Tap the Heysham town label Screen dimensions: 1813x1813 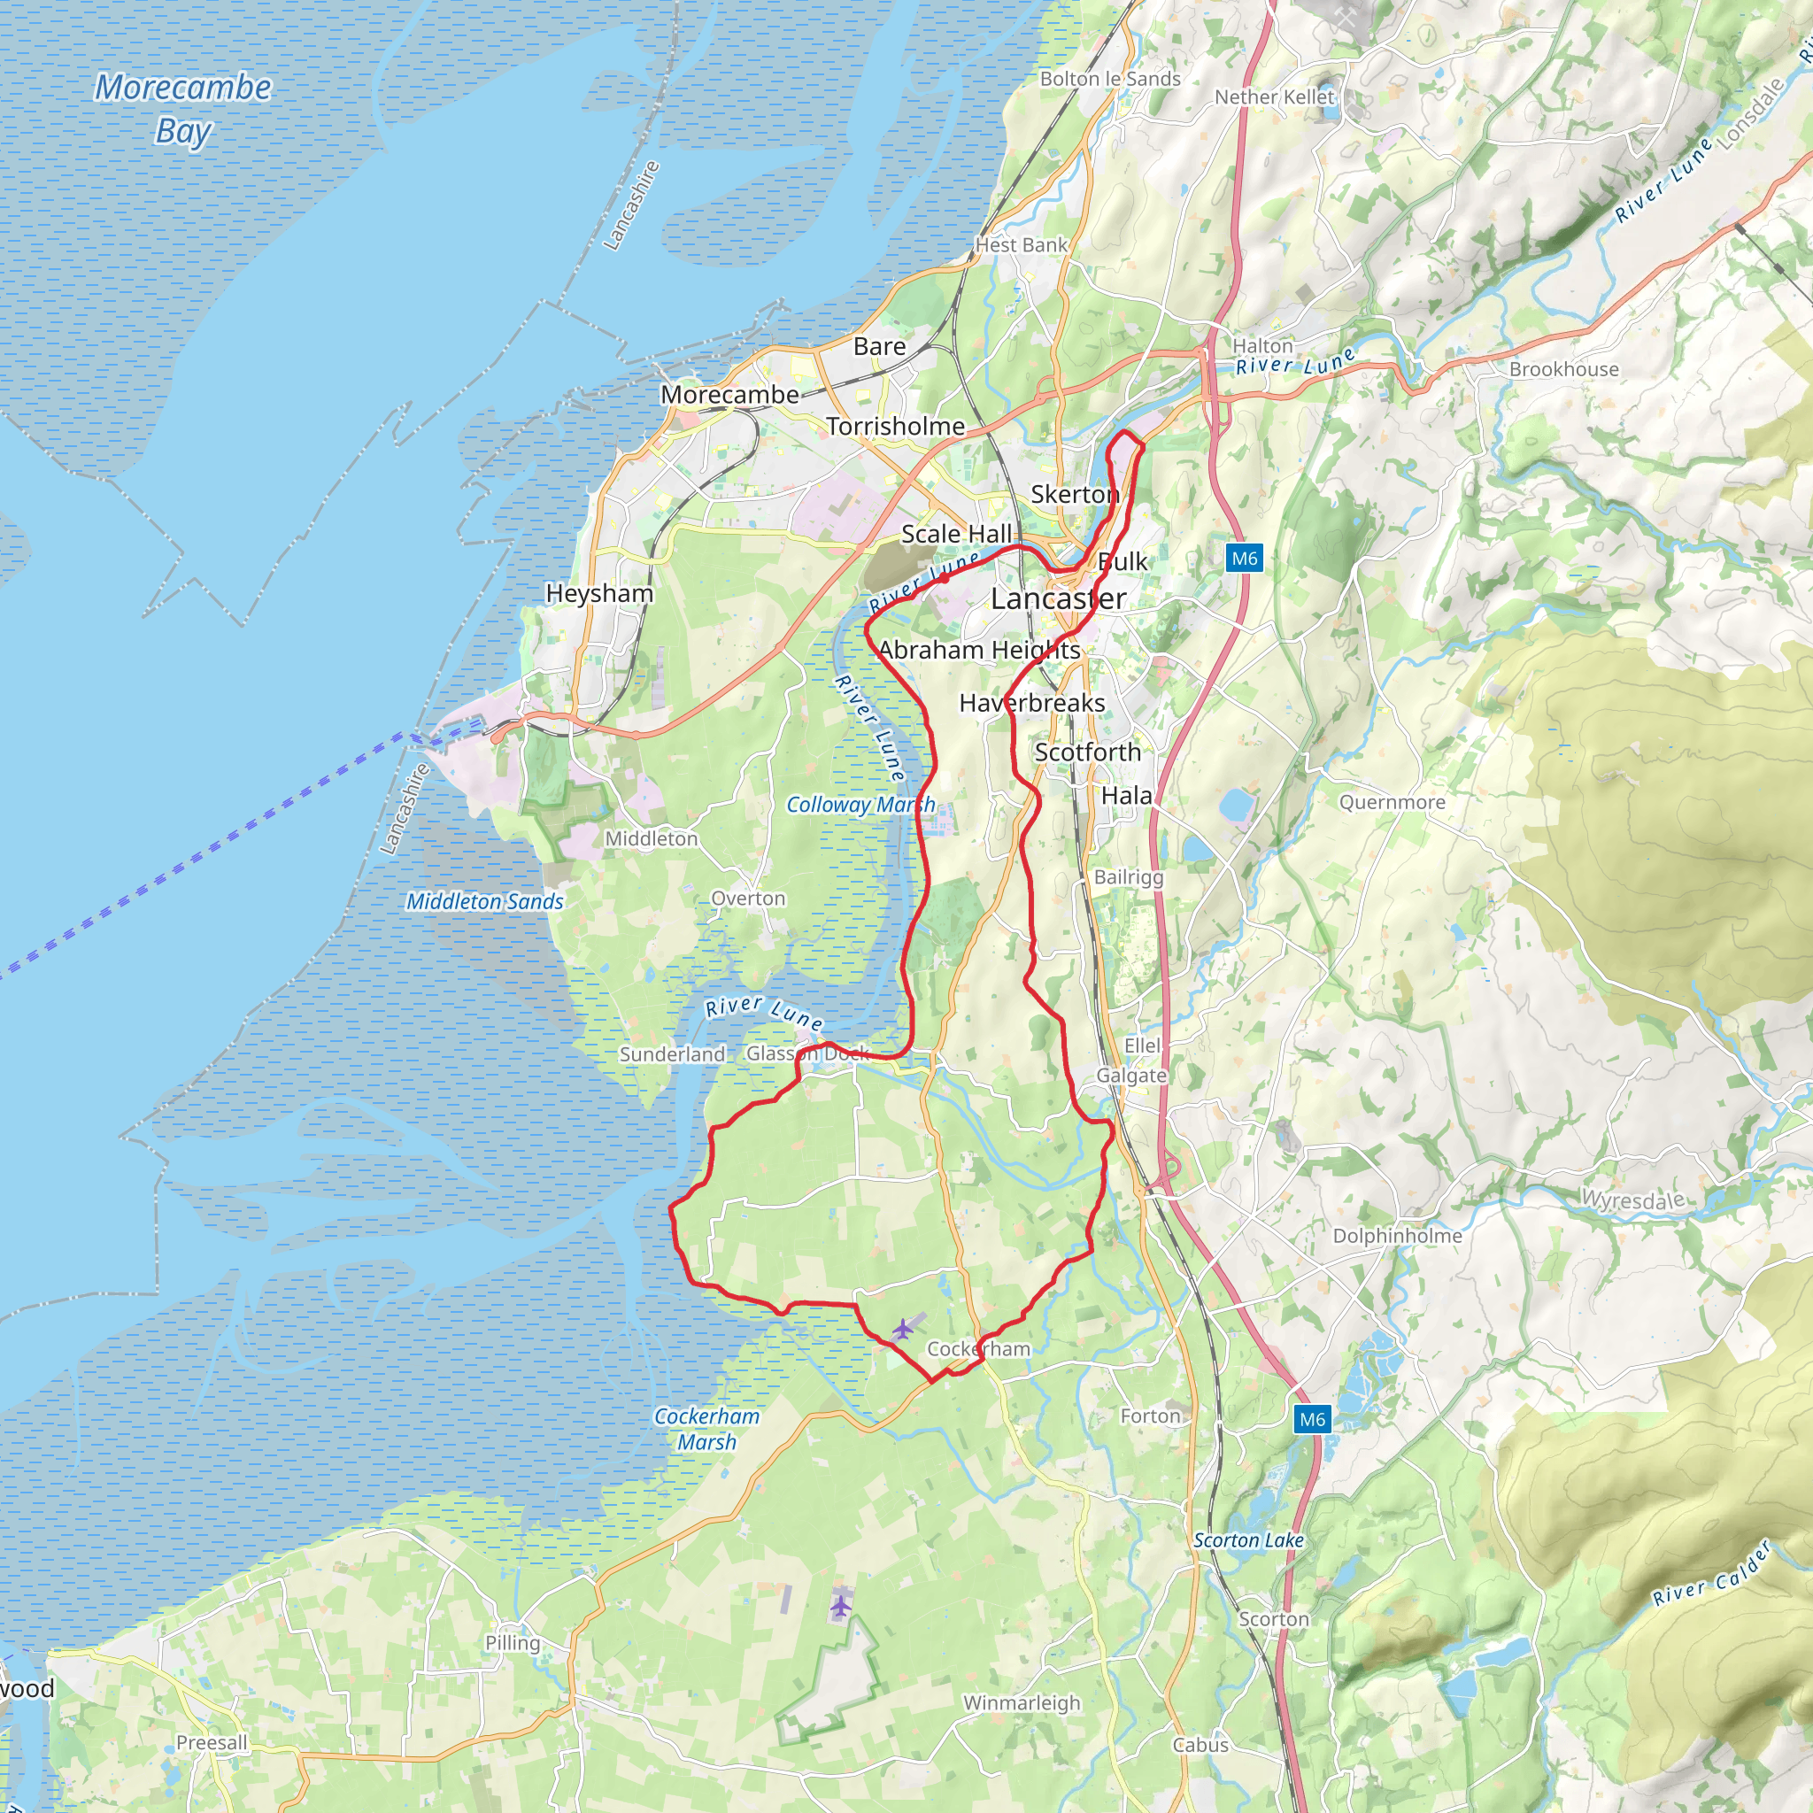click(599, 593)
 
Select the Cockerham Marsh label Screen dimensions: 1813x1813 click(706, 1428)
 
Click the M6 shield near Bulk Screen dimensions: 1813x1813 click(1245, 559)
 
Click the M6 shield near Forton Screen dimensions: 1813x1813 click(1312, 1419)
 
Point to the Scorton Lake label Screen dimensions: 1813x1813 click(1248, 1540)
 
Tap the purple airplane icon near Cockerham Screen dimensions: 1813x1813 click(902, 1329)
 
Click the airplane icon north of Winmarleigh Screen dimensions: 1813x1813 click(841, 1606)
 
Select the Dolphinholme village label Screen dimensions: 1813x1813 click(1397, 1236)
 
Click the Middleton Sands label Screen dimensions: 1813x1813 click(484, 901)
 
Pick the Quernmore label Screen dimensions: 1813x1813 click(1392, 802)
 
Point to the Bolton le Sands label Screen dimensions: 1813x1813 click(1110, 79)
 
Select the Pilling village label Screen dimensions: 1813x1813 click(513, 1642)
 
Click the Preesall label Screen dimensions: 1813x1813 click(212, 1742)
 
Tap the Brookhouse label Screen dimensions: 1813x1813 click(1563, 369)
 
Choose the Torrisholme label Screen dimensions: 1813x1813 click(895, 426)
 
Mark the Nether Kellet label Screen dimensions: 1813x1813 click(1273, 96)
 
